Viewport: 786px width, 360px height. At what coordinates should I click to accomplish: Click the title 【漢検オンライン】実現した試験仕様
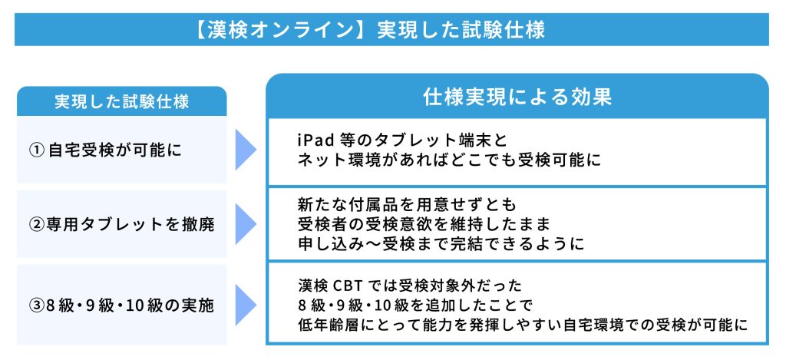point(370,30)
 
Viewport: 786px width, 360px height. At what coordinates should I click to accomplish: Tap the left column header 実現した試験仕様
point(121,102)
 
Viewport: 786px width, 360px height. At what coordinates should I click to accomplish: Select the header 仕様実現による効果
point(517,97)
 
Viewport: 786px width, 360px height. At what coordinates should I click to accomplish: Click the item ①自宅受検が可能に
point(104,150)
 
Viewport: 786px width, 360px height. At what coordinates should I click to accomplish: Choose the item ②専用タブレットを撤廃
point(121,225)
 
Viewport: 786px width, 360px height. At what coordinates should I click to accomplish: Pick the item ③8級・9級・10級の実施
point(121,305)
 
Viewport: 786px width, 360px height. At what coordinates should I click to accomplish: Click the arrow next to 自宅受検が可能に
point(246,149)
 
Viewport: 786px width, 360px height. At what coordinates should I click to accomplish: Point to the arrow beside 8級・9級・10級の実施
point(246,304)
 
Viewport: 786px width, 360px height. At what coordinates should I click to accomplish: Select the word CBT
point(347,286)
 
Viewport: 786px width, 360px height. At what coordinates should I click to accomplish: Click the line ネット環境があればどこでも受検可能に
point(448,160)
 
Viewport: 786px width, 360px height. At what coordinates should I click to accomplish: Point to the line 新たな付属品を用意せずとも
point(407,205)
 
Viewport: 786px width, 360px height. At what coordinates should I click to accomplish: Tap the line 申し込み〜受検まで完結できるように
point(441,243)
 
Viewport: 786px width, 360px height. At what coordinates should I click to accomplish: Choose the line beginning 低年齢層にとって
point(522,325)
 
